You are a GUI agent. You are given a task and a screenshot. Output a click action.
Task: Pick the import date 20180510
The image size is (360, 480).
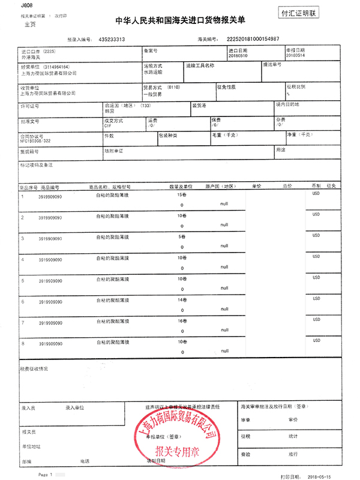click(238, 55)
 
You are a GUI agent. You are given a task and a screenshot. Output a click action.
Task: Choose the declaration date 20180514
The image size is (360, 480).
click(296, 55)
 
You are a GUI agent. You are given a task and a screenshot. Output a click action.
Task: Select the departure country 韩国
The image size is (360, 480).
click(109, 112)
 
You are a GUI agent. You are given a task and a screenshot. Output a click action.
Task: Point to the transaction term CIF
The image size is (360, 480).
click(108, 127)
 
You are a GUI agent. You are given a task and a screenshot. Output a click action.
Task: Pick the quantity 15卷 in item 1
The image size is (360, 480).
click(182, 196)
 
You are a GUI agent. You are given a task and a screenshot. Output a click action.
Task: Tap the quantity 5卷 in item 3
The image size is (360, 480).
click(181, 238)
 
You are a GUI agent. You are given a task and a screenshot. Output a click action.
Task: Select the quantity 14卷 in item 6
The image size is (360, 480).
click(182, 300)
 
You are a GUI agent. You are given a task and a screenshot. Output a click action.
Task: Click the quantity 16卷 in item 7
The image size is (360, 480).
click(182, 321)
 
